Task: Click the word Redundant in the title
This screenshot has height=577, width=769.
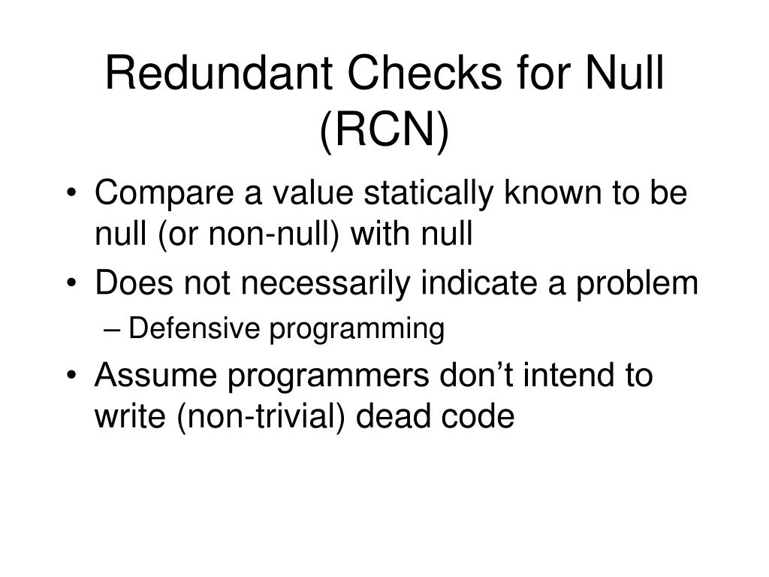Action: pos(212,77)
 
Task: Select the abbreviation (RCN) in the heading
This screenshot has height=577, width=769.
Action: pos(384,132)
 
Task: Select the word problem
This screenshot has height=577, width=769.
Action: pos(644,284)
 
